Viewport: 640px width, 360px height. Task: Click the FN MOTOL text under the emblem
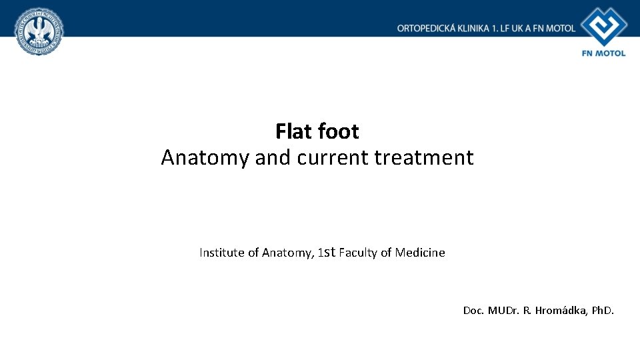[604, 53]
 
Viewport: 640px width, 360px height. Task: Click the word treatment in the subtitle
[424, 157]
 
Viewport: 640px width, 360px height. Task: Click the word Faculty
[358, 253]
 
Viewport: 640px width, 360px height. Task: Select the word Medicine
[420, 253]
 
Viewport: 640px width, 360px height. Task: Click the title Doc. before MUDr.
[474, 310]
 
